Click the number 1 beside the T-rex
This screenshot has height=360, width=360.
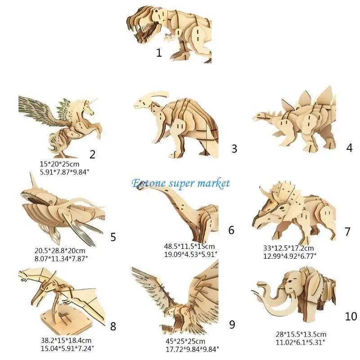click(x=159, y=53)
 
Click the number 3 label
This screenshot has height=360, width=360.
click(x=234, y=148)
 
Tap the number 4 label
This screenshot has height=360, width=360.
click(x=350, y=148)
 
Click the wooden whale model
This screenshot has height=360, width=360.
click(x=58, y=211)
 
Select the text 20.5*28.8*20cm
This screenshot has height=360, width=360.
click(x=63, y=250)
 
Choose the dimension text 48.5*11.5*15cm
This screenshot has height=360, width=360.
click(x=189, y=246)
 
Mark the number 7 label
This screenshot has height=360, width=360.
click(x=347, y=232)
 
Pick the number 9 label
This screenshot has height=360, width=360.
click(x=232, y=324)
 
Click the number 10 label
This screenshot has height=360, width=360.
click(x=351, y=316)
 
